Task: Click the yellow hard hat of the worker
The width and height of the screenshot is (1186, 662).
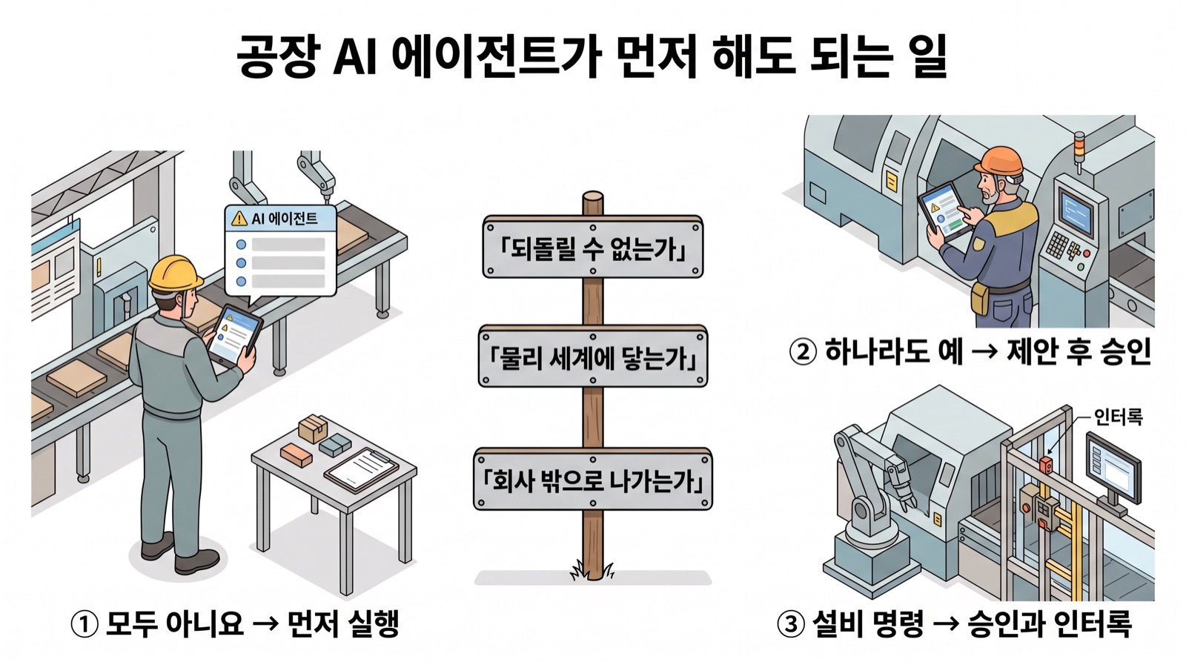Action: pos(175,274)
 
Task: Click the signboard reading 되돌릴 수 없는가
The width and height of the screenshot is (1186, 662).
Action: pos(592,247)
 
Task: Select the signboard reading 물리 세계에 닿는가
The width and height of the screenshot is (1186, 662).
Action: pos(592,356)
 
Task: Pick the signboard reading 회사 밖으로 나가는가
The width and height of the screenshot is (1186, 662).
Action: pos(592,480)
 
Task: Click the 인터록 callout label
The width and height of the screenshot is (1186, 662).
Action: pos(1118,417)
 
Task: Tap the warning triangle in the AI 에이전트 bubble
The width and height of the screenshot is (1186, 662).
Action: pos(239,218)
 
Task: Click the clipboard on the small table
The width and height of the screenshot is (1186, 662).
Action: pos(362,469)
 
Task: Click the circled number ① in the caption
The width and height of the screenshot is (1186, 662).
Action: pos(85,624)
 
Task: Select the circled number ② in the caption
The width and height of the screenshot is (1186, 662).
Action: pos(803,352)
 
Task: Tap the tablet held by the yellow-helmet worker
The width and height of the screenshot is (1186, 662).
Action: pos(233,335)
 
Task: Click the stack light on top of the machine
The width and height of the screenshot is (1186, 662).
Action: pos(1079,150)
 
